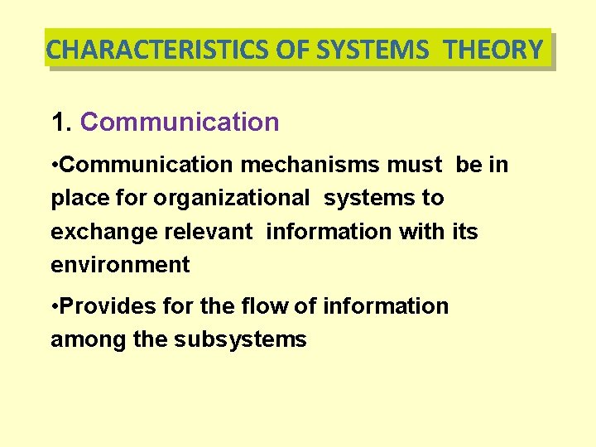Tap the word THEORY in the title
pyautogui.click(x=493, y=50)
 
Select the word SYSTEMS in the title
pyautogui.click(x=372, y=50)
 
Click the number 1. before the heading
pyautogui.click(x=62, y=123)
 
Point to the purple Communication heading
pyautogui.click(x=180, y=123)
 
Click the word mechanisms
pyautogui.click(x=311, y=165)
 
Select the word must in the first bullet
pyautogui.click(x=415, y=165)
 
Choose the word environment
pyautogui.click(x=120, y=265)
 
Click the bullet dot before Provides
pyautogui.click(x=55, y=306)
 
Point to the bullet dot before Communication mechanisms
pyautogui.click(x=55, y=165)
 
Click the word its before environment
pyautogui.click(x=465, y=232)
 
